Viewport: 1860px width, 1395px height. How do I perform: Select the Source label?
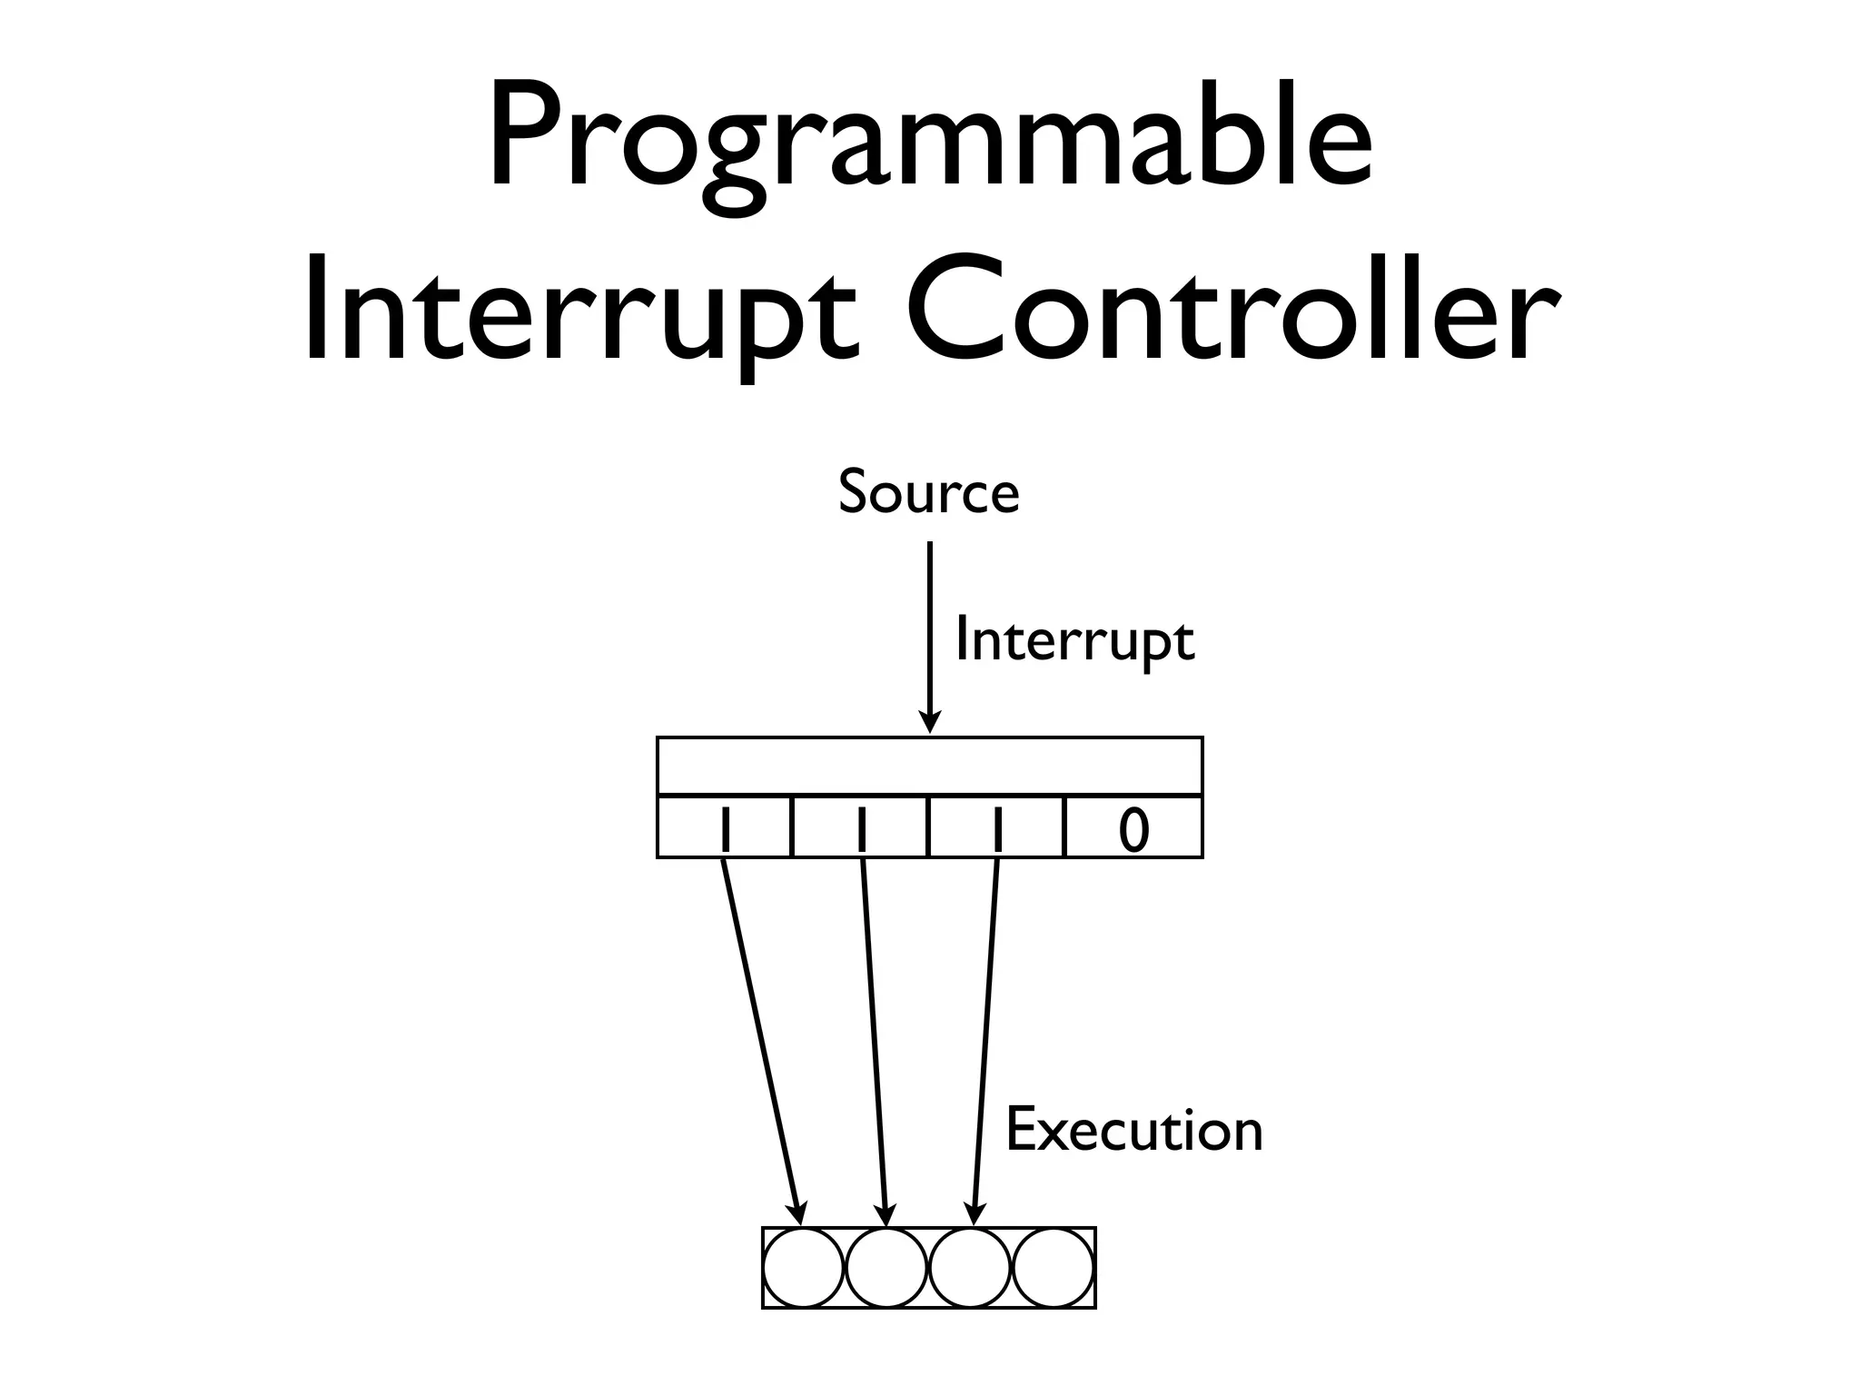pyautogui.click(x=928, y=492)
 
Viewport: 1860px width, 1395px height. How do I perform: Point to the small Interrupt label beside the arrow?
pyautogui.click(x=1074, y=641)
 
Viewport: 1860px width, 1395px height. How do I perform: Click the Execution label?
pyautogui.click(x=1134, y=1131)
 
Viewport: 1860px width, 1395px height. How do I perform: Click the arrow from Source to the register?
pyautogui.click(x=929, y=636)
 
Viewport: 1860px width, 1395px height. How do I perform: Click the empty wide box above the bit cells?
pyautogui.click(x=929, y=767)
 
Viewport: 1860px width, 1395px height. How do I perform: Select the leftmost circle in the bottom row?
pyautogui.click(x=804, y=1268)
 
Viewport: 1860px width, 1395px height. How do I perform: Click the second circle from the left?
pyautogui.click(x=887, y=1268)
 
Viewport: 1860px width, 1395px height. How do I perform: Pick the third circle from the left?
pyautogui.click(x=970, y=1268)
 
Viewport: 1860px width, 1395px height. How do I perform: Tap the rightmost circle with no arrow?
pyautogui.click(x=1054, y=1268)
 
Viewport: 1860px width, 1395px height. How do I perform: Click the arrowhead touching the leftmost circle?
pyautogui.click(x=798, y=1213)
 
